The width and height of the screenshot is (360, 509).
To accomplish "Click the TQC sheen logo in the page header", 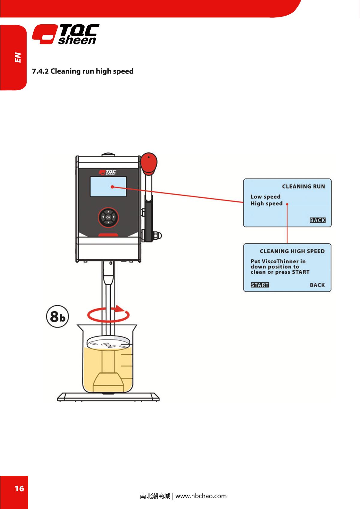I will point(66,34).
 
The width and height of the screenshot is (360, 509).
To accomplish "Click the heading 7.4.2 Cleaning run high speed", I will point(83,71).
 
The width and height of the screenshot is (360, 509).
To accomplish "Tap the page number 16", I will point(19,489).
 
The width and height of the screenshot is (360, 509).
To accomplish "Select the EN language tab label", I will point(18,57).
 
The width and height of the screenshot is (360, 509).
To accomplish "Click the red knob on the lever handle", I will point(149,163).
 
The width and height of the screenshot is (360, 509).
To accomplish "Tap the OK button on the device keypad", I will point(108,217).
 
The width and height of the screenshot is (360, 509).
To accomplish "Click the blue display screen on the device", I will point(108,187).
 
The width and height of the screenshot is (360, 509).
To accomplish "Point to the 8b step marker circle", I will point(57,316).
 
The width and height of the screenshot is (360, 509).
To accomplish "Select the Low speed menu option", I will point(265,197).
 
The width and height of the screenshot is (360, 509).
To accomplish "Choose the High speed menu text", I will point(266,204).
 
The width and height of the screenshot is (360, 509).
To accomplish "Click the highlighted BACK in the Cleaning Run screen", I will point(317,220).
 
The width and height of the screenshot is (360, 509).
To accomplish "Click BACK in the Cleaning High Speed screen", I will point(317,285).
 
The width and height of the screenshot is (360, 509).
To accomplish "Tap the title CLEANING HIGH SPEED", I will point(292,251).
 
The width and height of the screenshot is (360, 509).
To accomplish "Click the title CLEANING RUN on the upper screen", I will point(303,187).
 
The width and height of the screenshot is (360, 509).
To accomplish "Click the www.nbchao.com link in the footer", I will point(201,496).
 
